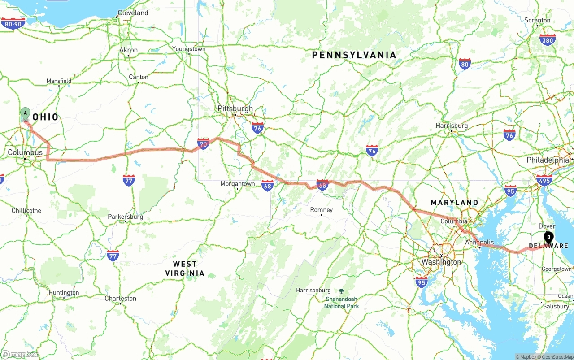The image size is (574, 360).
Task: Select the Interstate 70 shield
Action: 203,143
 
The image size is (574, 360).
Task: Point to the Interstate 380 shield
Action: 547,39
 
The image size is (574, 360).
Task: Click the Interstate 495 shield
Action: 544,180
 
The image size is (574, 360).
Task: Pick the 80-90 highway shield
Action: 13,23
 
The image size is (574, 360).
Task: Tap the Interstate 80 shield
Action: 465,64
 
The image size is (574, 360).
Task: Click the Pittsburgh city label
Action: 235,108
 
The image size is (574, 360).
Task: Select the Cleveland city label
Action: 133,13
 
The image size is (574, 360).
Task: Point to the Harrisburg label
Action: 452,126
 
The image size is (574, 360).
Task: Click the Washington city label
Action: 441,262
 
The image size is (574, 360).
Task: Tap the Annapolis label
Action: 479,242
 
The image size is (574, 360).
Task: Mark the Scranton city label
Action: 537,20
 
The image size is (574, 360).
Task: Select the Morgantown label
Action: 238,184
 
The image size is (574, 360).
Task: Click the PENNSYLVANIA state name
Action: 354,55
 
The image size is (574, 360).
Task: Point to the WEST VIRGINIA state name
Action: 185,269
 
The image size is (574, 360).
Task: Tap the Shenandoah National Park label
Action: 341,302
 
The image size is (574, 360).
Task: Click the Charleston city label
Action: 120,299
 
